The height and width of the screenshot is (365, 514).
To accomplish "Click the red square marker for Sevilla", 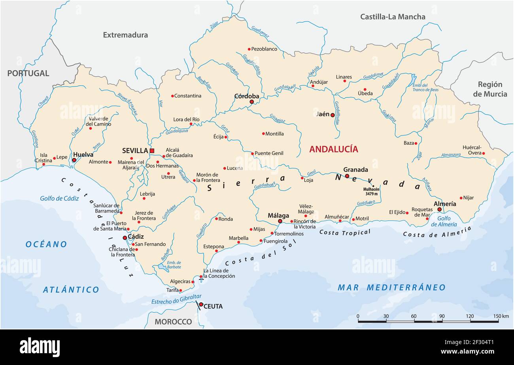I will coord(152,151).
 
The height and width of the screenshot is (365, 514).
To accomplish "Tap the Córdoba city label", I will coord(247,96).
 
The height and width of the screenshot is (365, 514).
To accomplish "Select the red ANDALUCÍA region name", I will coord(333,149).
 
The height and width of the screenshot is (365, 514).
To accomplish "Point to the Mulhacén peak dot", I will coord(373,185).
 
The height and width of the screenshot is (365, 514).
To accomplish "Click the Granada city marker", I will coord(347,176).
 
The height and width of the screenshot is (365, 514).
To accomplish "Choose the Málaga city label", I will coord(279,215).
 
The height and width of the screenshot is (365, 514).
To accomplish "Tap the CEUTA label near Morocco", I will coord(213,306).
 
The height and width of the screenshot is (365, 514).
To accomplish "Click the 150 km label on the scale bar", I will coord(501,316).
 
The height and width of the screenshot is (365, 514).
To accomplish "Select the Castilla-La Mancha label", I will coord(393,17).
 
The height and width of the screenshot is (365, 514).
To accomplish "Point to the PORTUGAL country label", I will coord(28,73).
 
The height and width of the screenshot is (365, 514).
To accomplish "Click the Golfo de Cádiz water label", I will coord(59,198).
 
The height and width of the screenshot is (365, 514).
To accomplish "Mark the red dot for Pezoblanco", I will coord(249,49).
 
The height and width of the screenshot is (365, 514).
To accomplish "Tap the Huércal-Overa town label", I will coord(472,150).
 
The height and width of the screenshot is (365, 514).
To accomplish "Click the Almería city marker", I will coord(439,209).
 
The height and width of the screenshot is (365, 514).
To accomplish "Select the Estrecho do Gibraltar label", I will coord(176,299).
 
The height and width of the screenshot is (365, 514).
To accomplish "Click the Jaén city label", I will coord(323,114).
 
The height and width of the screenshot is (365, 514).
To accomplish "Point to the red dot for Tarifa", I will coord(181,290).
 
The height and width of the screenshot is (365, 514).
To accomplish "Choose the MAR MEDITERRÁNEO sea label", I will coord(391,288).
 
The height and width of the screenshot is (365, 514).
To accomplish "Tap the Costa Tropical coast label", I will coord(345,232).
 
